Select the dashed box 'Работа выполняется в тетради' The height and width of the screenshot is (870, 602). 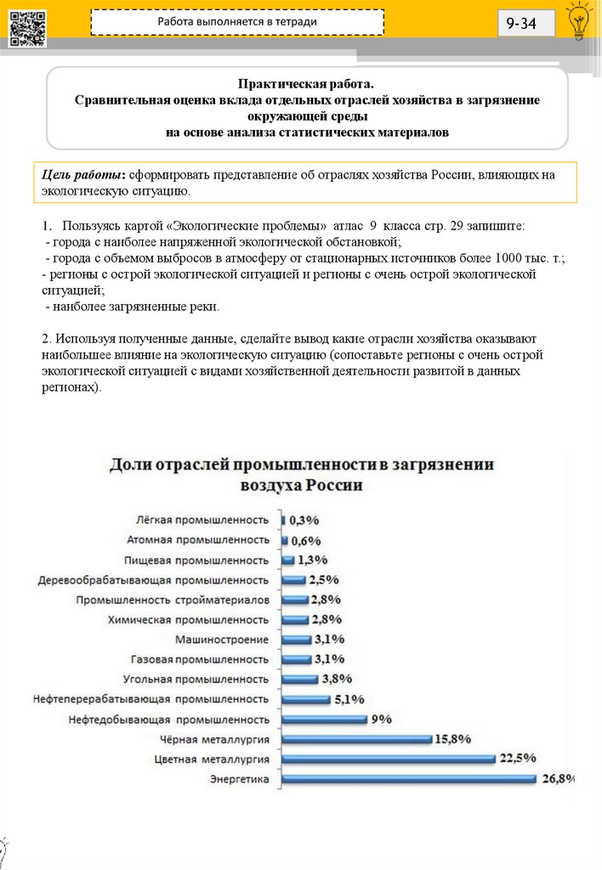pos(237,22)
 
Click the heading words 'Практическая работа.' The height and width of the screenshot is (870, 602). pos(307,84)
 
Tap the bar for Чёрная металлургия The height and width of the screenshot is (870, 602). pos(356,738)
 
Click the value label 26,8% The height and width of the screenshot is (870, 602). pos(559,777)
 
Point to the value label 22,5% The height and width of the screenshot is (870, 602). pos(518,758)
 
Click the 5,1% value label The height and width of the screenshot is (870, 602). pos(349,699)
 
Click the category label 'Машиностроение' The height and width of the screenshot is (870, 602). pos(222,640)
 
